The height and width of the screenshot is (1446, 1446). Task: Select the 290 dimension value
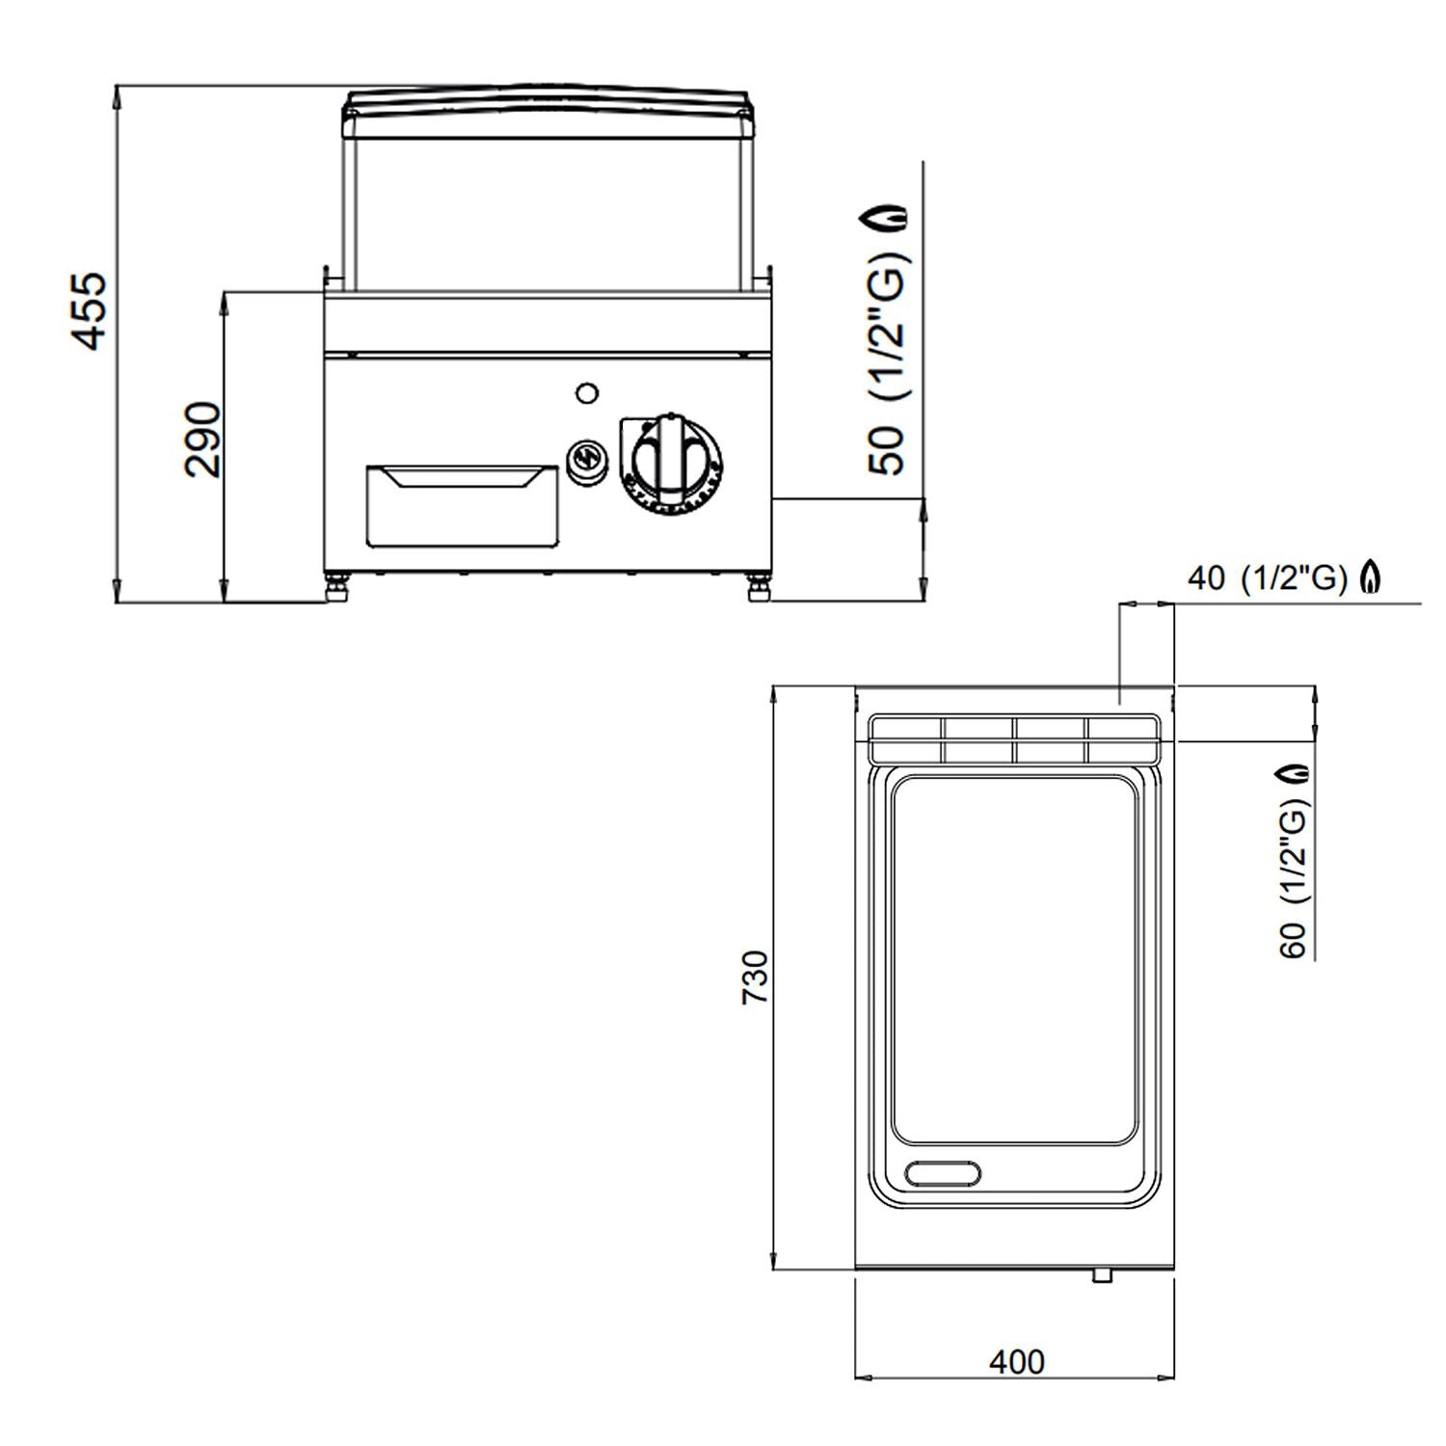pyautogui.click(x=203, y=440)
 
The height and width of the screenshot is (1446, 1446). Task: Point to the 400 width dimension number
pyautogui.click(x=1016, y=1361)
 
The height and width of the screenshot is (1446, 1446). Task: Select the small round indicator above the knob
pyautogui.click(x=585, y=392)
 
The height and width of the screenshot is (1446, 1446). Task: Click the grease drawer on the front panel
pyautogui.click(x=462, y=505)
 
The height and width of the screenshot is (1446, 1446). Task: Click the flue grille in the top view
pyautogui.click(x=1014, y=738)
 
